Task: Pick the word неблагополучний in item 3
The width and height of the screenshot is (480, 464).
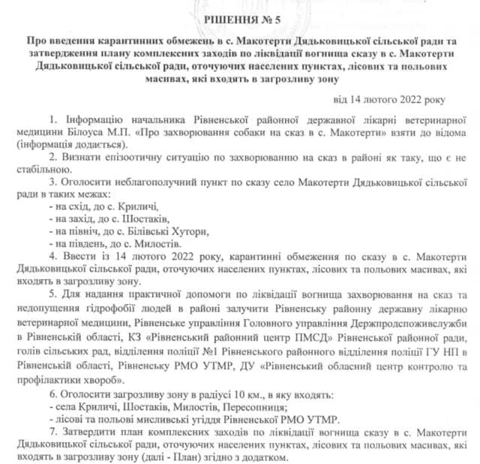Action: [x=133, y=181]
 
